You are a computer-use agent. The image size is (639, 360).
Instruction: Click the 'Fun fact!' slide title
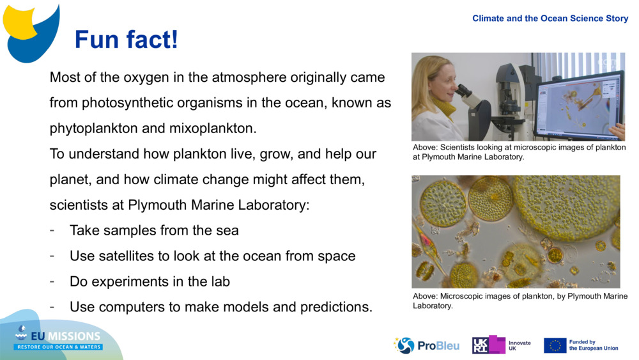coord(126,40)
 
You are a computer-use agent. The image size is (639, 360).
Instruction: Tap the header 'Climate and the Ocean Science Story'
coord(550,19)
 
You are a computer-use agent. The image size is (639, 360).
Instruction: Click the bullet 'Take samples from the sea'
coord(154,230)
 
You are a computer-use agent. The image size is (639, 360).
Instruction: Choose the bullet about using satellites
coord(212,256)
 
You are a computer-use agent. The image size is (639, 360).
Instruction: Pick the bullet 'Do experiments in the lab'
coord(150,281)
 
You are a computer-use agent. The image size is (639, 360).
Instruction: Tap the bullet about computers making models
coord(220,307)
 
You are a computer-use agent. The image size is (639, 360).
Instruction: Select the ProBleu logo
coord(427,345)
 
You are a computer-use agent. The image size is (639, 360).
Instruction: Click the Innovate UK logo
coord(502,345)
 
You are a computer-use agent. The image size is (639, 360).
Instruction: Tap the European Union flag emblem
coord(555,345)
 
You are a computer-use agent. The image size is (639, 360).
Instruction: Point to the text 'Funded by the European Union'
coord(593,345)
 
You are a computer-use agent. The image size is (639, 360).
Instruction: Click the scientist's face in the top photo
coord(440,82)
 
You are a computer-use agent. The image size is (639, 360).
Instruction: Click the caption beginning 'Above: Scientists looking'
coord(519,152)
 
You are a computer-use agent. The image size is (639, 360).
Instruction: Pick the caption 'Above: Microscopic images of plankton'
coord(520,301)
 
